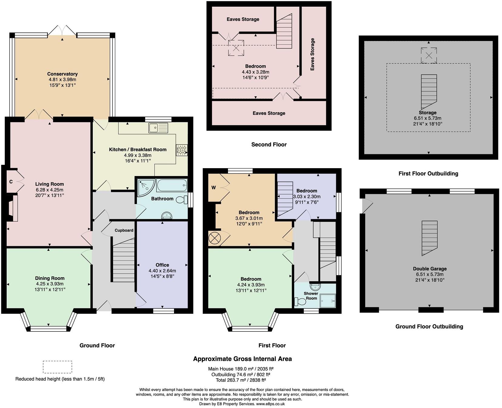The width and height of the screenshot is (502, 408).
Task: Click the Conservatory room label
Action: (62, 74)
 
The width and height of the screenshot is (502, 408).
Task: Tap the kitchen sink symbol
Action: (158, 128)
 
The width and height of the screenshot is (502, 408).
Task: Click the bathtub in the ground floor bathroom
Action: (172, 185)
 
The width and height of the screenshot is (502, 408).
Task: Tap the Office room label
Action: (162, 265)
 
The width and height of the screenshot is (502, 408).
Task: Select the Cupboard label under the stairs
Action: (124, 230)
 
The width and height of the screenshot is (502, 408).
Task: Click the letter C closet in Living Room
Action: (11, 182)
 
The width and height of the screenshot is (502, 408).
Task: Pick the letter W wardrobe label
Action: (213, 188)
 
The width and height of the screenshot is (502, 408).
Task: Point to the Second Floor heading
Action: (269, 144)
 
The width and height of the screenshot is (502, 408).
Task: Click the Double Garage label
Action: (430, 269)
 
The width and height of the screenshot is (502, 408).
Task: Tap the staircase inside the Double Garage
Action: (429, 238)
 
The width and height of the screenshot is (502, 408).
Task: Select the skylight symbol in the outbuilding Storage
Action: (429, 55)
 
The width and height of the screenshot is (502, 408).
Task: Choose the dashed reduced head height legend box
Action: (57, 367)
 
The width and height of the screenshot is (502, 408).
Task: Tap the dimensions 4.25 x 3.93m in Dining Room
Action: (50, 284)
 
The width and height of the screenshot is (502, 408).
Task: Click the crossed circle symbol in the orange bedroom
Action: (214, 238)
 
